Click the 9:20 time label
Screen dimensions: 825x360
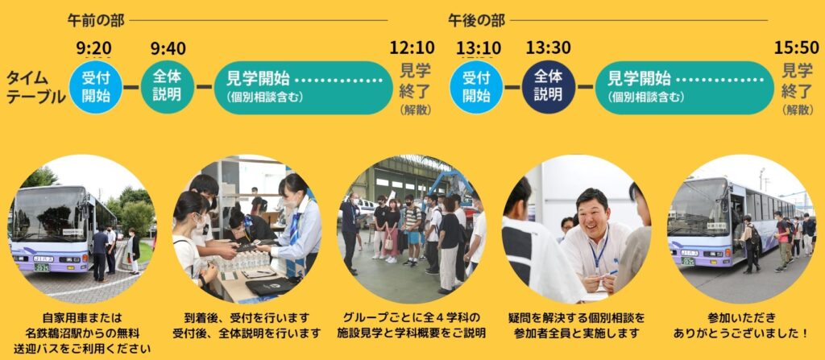pos(93,49)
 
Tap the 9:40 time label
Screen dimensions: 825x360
pos(168,49)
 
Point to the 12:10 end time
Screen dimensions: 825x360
pos(412,48)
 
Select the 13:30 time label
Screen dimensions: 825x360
pos(548,48)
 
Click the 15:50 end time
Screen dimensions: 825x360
pos(796,48)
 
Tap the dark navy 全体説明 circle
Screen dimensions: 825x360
pos(548,87)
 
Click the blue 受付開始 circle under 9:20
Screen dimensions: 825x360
pos(96,87)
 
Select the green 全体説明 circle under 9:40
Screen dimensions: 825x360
pos(168,87)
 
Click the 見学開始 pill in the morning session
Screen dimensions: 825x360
pos(304,87)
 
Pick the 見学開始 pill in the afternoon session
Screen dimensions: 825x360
pos(685,87)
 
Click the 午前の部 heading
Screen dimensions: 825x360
pos(96,20)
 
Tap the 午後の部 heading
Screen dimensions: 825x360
pos(477,20)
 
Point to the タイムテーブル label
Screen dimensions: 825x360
pos(35,88)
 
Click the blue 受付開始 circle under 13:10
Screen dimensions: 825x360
pos(476,87)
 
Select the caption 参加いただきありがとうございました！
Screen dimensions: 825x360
pos(741,326)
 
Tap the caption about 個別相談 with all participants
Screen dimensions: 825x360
pos(576,326)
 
